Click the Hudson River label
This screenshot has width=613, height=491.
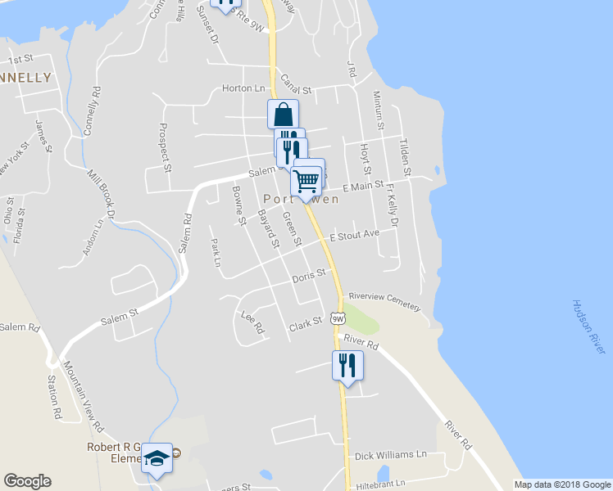coord(589,327)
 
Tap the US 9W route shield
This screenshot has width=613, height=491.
coord(338,318)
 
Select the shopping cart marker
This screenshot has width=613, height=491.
coord(306,180)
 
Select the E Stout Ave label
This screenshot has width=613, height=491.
coord(354,236)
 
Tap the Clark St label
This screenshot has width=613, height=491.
coord(305,326)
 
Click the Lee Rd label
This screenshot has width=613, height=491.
coord(252,322)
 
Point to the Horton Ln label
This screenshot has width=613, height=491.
coord(244,88)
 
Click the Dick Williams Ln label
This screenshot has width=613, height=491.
coord(390,454)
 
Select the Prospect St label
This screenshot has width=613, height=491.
coord(164,147)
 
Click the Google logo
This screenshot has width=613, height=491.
coord(27,481)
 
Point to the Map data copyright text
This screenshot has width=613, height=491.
coord(561,484)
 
